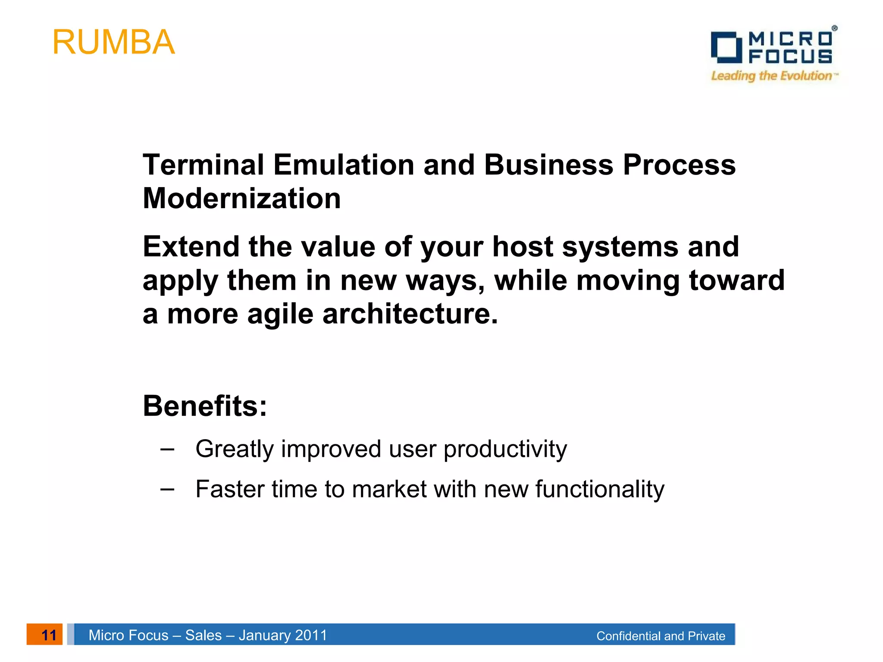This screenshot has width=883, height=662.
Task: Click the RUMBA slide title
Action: (x=113, y=42)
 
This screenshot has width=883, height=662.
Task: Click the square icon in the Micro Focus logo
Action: (x=726, y=47)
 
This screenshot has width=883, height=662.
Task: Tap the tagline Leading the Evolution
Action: (x=772, y=76)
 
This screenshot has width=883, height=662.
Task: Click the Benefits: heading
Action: (x=205, y=406)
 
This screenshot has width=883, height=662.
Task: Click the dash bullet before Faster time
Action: (x=167, y=489)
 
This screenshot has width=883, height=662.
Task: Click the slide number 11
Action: (x=49, y=635)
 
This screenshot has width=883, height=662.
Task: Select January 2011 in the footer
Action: (x=283, y=635)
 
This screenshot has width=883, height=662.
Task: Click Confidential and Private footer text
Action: (x=661, y=636)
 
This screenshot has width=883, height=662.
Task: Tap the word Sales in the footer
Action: (x=203, y=635)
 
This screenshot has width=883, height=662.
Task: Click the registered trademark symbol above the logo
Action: (x=834, y=28)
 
